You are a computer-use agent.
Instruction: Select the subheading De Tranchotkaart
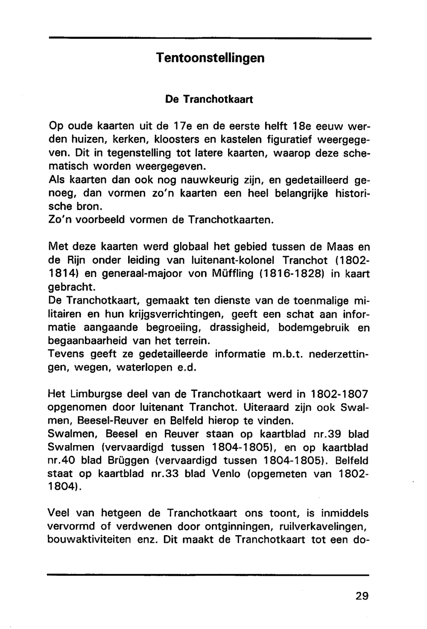[209, 99]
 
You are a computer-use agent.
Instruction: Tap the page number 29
[362, 596]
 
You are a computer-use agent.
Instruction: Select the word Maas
[340, 247]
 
